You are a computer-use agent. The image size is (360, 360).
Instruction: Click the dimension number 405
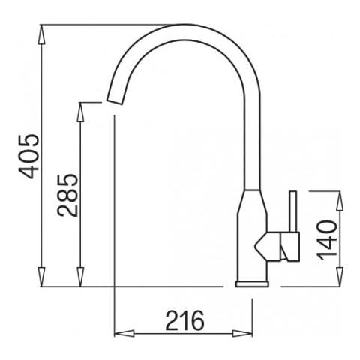coord(28,156)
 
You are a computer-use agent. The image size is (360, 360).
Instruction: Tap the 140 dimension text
coord(326,238)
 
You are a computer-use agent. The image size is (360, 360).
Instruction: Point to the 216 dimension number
coord(184,320)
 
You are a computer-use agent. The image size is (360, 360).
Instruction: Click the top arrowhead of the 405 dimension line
coord(43,30)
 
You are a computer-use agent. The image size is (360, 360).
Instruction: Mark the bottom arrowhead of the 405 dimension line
coord(43,282)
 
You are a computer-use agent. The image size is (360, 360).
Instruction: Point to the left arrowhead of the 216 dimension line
coord(118,332)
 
